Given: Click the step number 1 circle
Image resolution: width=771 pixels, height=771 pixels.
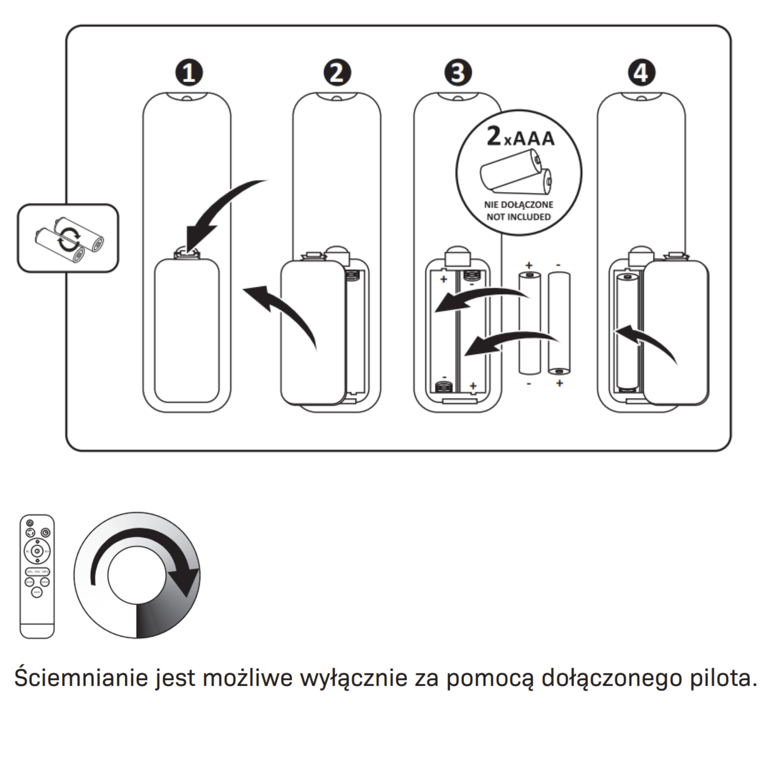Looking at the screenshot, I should point(189,72).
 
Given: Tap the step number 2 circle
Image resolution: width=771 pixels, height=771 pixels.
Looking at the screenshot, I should point(337,72).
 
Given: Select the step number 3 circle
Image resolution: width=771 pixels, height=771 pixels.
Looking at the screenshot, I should point(458,72).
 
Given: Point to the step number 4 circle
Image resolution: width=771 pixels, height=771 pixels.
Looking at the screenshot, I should point(641,72).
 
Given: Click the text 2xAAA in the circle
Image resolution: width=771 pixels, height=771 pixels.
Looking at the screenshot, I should point(520,137).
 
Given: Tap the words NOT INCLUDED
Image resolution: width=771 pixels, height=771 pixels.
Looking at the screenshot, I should point(518,217).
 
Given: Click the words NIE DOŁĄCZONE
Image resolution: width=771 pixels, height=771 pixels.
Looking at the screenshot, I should point(518,205).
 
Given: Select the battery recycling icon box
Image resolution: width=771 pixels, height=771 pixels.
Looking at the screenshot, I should point(68,238).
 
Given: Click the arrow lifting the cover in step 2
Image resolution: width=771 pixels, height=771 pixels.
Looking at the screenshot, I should point(283,311).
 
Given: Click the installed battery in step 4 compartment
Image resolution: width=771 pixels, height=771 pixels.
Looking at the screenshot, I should point(627,331).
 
